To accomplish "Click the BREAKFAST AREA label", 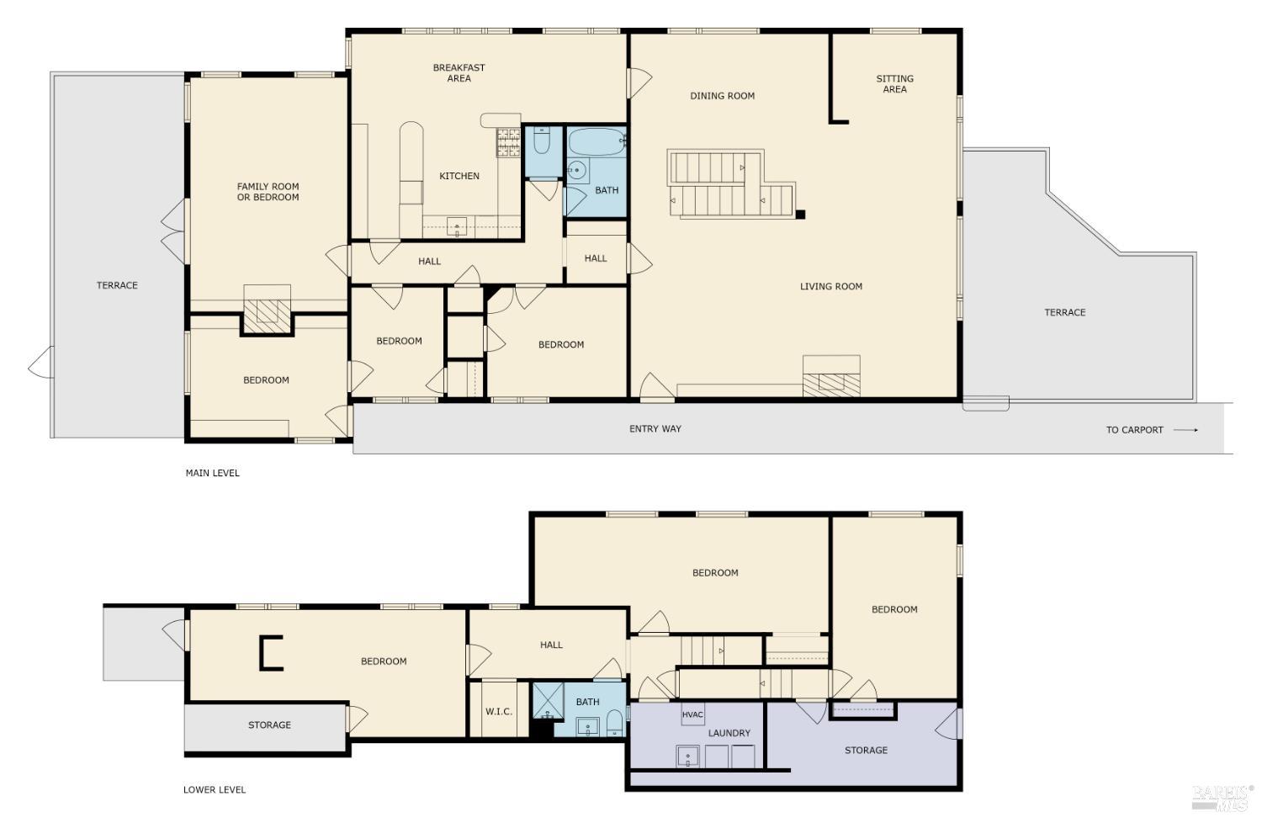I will click(x=459, y=73).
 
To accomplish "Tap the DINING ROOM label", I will click(x=722, y=96).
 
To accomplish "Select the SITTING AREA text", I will click(x=894, y=84).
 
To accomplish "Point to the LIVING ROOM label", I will click(x=830, y=287).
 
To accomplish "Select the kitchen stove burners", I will click(x=508, y=142).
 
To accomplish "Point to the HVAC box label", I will click(x=692, y=715).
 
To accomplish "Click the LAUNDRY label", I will click(x=729, y=734).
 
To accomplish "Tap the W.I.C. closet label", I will click(x=498, y=712).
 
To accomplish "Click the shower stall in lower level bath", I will click(x=549, y=700).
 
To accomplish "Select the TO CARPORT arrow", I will click(x=1185, y=430).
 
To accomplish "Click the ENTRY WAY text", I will click(x=655, y=429).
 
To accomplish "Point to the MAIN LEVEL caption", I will click(x=212, y=473).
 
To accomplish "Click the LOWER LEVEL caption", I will click(x=215, y=790).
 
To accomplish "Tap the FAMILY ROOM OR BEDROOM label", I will click(x=268, y=192).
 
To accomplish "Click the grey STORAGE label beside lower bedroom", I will click(x=269, y=725).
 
